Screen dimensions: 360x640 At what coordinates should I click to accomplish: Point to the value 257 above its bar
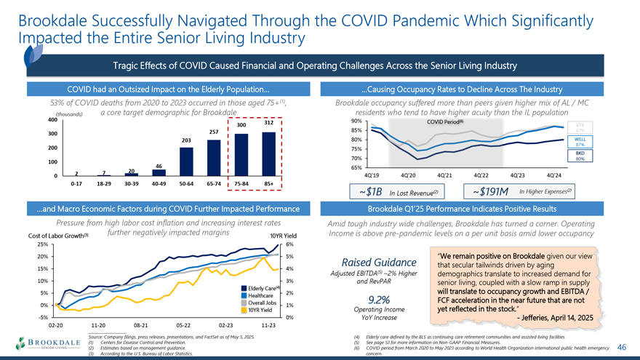tap(215, 131)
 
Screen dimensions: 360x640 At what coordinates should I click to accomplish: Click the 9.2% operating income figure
tap(380, 300)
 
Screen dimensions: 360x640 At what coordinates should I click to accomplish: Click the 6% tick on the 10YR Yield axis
tap(289, 244)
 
